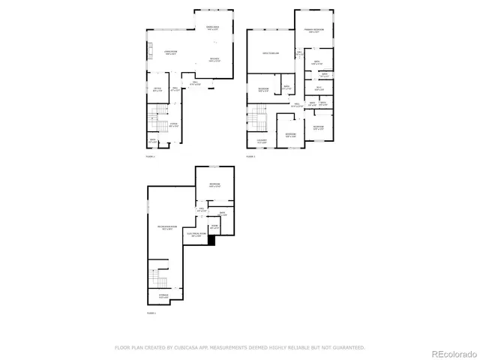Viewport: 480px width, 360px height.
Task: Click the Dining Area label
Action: point(213,28)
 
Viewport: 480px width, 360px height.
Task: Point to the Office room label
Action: point(157,91)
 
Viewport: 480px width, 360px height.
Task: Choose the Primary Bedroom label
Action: point(313,31)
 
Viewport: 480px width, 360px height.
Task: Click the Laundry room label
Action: point(262,141)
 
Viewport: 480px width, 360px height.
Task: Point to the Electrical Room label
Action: point(195,235)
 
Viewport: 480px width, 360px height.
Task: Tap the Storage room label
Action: point(163,296)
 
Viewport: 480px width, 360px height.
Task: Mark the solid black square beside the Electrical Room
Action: point(211,240)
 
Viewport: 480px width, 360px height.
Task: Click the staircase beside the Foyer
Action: point(157,118)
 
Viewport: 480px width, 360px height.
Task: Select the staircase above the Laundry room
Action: point(257,117)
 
